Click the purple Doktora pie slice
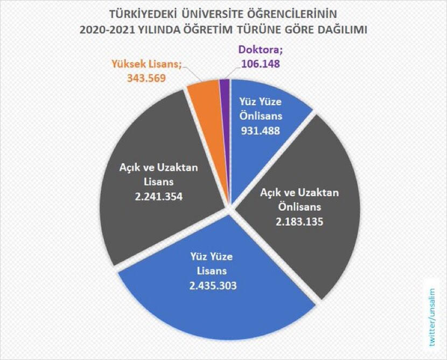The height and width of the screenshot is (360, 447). click(x=225, y=84)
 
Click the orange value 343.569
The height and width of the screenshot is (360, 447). click(x=146, y=78)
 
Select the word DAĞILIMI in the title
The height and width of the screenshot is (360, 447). click(x=338, y=30)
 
